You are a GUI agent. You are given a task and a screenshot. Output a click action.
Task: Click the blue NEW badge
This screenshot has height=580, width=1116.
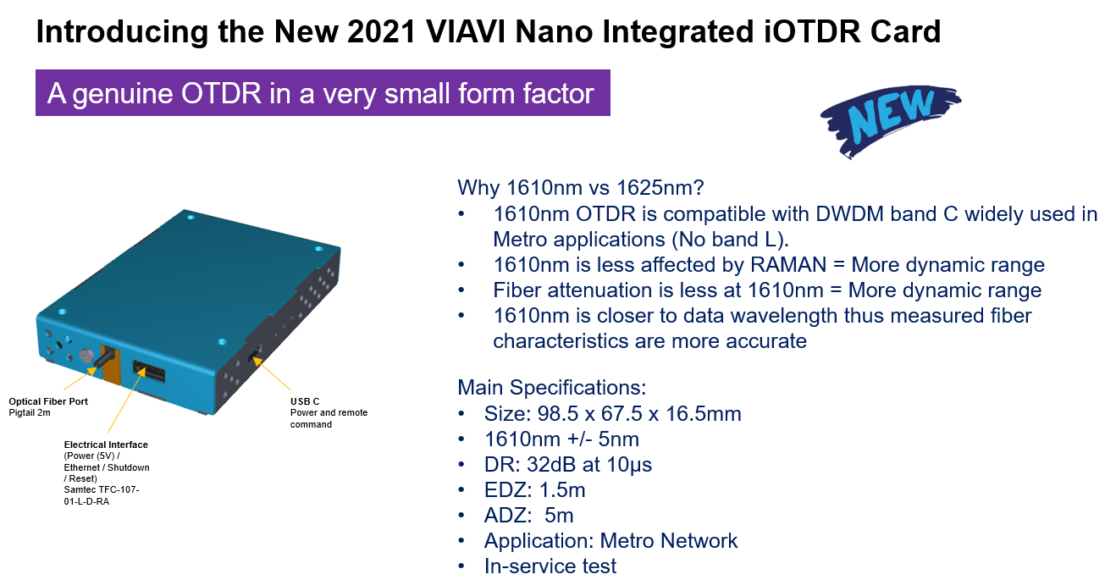[x=890, y=118]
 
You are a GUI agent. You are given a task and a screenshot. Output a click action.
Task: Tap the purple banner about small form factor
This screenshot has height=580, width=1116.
[x=322, y=92]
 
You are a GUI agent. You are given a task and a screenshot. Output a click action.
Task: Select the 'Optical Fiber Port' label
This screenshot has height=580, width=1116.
[x=48, y=401]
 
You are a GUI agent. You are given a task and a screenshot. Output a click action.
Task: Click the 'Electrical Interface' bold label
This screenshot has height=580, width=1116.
[x=106, y=445]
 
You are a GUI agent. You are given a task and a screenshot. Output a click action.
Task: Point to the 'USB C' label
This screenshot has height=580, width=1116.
[x=305, y=401]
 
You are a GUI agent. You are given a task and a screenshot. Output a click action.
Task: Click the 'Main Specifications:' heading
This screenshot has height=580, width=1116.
[x=551, y=388]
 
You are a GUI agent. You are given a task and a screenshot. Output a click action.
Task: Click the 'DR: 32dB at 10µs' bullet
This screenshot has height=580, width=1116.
[x=568, y=465]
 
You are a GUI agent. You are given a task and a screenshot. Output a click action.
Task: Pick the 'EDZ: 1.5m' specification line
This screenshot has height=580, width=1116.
[x=534, y=490]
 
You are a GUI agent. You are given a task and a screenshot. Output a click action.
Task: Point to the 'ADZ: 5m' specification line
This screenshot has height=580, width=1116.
[x=529, y=516]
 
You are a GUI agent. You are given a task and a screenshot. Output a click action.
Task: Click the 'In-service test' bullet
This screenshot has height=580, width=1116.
[x=550, y=566]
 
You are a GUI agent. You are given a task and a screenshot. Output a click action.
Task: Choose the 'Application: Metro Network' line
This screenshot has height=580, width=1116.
[x=610, y=541]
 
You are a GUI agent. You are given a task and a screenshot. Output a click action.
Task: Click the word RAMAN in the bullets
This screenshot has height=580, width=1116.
[x=788, y=265]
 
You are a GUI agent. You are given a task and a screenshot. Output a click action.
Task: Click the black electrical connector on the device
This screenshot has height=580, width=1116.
[x=148, y=373]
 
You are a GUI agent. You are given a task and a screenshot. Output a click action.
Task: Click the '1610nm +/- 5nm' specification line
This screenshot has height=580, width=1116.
[x=561, y=439]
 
